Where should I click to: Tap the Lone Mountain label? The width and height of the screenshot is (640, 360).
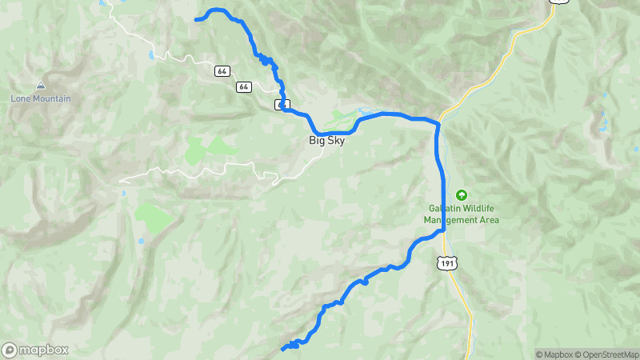click(41, 99)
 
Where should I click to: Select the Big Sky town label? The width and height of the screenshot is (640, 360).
click(327, 141)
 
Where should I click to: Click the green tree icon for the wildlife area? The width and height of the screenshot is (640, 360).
click(461, 195)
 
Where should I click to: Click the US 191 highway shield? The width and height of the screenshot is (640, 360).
click(448, 262)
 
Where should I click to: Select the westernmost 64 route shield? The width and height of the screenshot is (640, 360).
click(222, 71)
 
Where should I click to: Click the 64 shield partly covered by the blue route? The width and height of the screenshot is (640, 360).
click(281, 104)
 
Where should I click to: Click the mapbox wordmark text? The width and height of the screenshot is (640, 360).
click(45, 350)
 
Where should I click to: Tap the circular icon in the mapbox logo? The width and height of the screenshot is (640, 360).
click(10, 350)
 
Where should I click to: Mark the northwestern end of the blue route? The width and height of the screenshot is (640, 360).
click(197, 18)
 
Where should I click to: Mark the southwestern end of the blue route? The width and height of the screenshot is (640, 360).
click(283, 349)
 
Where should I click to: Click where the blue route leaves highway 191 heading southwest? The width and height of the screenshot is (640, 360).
click(442, 231)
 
